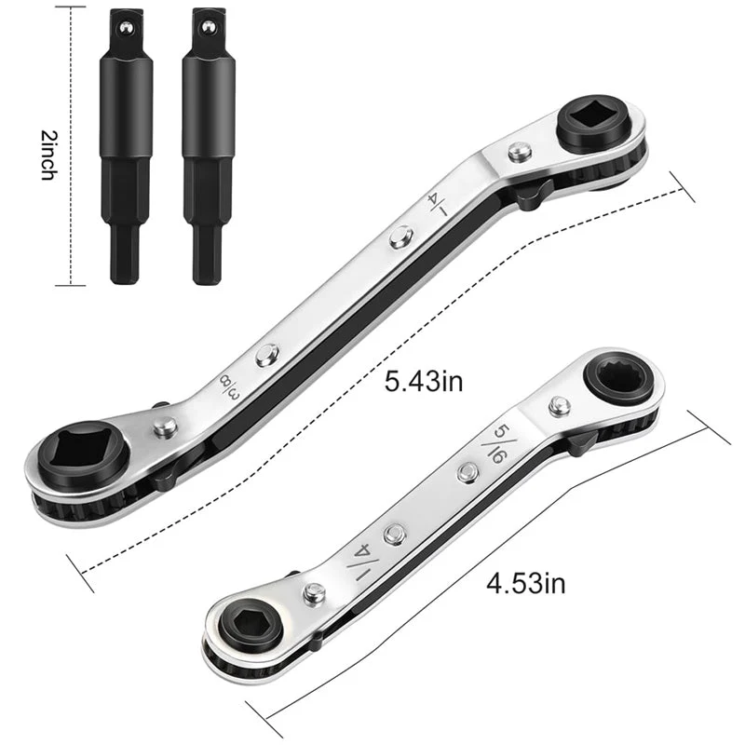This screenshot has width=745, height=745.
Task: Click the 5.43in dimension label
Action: (x=424, y=382)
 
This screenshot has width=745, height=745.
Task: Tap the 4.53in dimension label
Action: (x=526, y=583)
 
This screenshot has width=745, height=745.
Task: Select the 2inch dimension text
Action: (x=48, y=155)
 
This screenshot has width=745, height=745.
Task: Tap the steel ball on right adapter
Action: (x=208, y=27)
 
